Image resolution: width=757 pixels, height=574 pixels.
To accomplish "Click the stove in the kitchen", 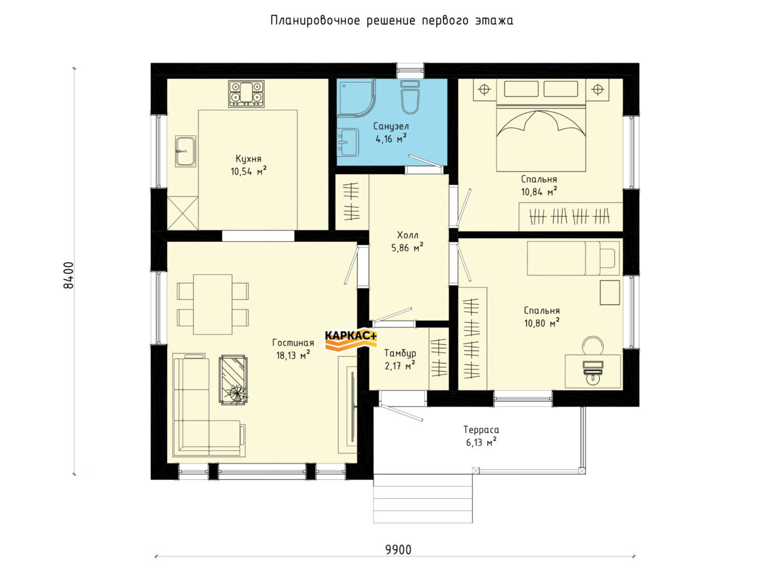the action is coord(246,94).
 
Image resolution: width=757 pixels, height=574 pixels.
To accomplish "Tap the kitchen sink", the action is coord(185,151).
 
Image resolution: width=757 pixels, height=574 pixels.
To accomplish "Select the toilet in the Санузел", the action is coord(410,97).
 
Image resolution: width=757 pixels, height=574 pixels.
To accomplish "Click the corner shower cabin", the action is coord(356,98).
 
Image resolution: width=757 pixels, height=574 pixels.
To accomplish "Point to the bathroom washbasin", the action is coord(348,142).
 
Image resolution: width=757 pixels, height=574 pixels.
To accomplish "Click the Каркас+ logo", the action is coord(351,340).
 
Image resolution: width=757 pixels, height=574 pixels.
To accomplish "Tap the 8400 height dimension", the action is coord(69,275).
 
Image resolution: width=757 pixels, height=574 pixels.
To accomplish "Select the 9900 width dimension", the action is coord(398,550).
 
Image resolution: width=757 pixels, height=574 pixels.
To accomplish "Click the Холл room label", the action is coord(408,236).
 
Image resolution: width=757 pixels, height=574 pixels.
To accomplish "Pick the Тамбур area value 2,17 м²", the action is coord(400,366).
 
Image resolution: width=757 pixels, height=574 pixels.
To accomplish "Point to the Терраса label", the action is coord(481,430).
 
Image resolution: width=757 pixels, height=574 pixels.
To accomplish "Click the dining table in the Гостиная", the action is coord(213,304).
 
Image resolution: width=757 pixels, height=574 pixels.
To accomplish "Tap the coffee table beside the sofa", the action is coord(233,380).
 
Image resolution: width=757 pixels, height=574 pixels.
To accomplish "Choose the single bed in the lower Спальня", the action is coord(573,258).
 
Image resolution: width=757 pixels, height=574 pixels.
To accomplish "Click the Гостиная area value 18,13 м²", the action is coord(293,355).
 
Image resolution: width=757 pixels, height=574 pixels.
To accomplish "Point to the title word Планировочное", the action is coord(315,21).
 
